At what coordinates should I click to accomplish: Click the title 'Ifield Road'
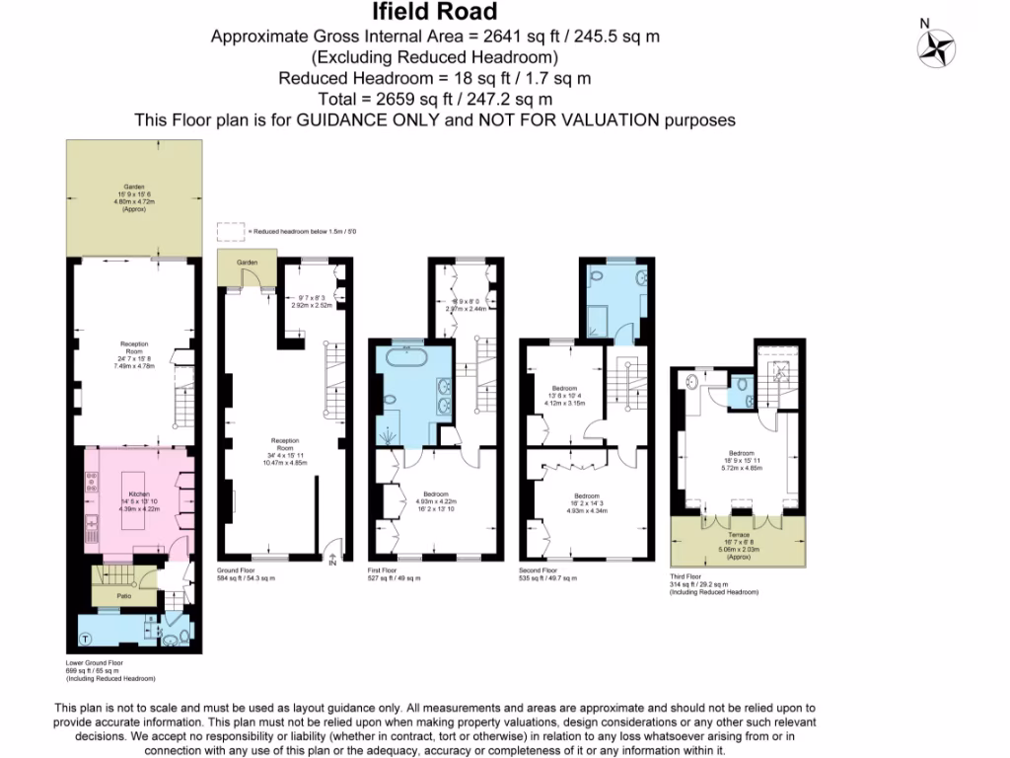point(435,13)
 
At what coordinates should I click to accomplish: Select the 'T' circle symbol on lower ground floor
point(85,637)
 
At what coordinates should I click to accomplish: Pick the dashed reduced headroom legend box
point(230,231)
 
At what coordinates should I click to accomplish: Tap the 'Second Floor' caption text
point(537,570)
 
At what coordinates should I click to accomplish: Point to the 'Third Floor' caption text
point(685,577)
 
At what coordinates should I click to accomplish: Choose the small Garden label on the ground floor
point(246,262)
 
